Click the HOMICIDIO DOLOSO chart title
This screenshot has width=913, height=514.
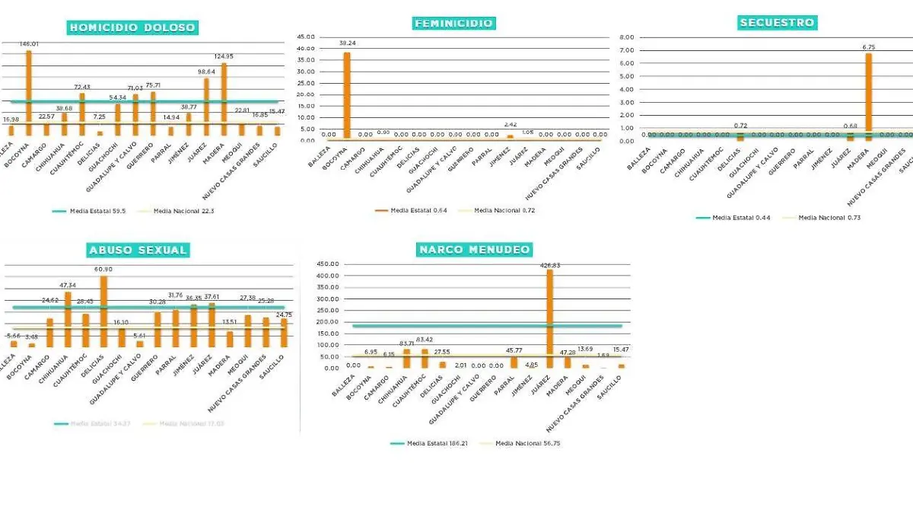[x=133, y=27]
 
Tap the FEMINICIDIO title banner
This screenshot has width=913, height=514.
[x=453, y=23]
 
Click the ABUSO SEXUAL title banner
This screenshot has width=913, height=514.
[x=138, y=250]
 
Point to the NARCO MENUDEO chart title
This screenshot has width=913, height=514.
[x=474, y=249]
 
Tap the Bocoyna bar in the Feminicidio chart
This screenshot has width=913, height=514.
[x=347, y=95]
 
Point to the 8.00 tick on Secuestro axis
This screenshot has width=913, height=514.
[x=627, y=37]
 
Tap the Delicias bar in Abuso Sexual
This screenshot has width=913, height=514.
[x=103, y=311]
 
